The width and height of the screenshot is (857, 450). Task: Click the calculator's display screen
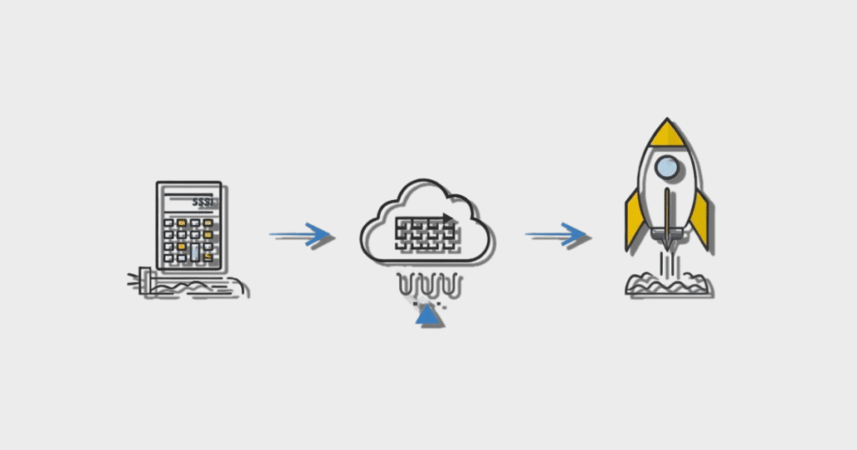(189, 202)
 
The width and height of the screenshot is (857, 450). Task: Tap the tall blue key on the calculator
(195, 252)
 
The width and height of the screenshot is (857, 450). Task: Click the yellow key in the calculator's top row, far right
(208, 224)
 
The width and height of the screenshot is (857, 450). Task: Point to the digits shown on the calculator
(202, 202)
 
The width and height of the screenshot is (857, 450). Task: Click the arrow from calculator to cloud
(301, 236)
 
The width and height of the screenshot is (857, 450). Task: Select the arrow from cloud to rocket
(557, 235)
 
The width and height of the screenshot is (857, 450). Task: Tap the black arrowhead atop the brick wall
(449, 219)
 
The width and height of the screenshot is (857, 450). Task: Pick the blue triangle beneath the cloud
(429, 315)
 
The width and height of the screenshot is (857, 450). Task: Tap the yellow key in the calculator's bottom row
(208, 257)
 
